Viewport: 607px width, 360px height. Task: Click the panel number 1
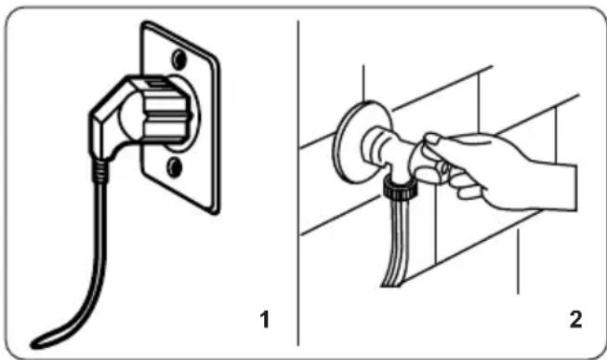(264, 320)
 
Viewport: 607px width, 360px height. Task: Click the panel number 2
(576, 320)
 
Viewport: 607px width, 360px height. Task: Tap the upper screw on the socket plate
(178, 60)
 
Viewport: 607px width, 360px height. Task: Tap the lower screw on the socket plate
(175, 167)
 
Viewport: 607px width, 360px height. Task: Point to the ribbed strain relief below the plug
(99, 170)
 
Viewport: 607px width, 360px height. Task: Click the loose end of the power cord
(37, 343)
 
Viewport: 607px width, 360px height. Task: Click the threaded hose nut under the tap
(399, 189)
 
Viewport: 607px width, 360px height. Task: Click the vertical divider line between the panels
(298, 183)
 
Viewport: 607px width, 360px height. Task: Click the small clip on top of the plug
(156, 83)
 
